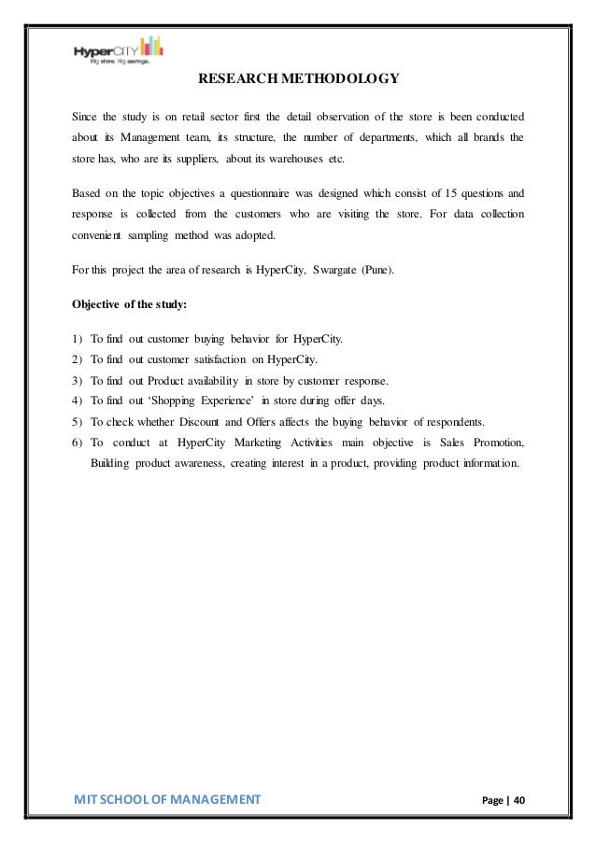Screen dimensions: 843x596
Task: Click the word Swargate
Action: (x=326, y=271)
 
